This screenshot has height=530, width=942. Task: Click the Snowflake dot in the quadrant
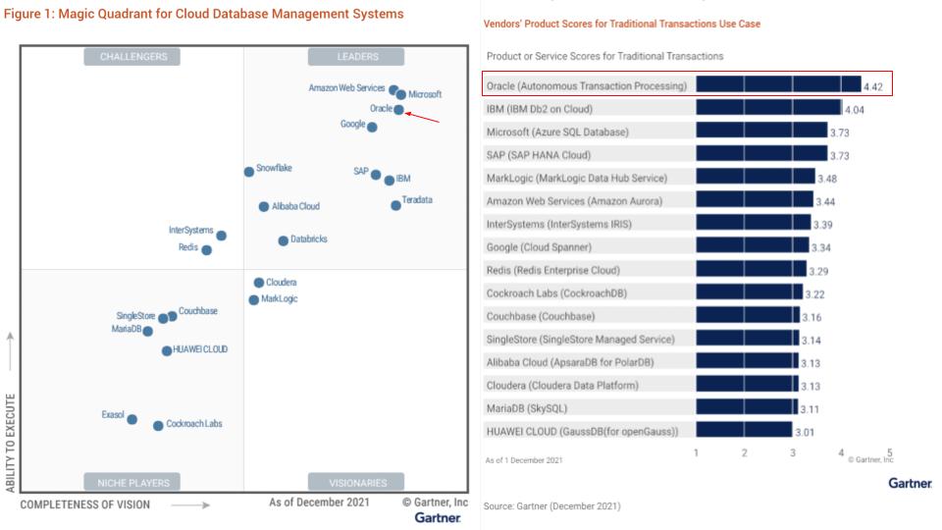249,172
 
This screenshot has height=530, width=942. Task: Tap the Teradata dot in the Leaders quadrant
395,205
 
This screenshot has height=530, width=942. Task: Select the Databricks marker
283,240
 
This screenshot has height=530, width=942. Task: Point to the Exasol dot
132,419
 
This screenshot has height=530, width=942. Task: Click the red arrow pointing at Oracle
422,118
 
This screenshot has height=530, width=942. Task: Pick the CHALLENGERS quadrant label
133,57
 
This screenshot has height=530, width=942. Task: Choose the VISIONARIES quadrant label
357,483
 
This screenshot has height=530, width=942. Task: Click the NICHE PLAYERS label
133,483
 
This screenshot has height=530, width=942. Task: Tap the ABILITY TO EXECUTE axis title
11,444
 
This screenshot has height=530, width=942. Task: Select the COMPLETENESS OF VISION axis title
85,504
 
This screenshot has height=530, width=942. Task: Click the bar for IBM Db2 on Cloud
768,109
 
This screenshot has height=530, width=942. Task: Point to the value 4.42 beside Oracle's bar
873,87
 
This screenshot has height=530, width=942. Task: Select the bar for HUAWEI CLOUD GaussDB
744,430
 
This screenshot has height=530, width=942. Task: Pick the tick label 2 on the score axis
745,452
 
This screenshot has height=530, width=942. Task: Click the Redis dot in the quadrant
206,250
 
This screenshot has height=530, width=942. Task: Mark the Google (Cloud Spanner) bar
752,246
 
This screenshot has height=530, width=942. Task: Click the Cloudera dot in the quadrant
258,283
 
